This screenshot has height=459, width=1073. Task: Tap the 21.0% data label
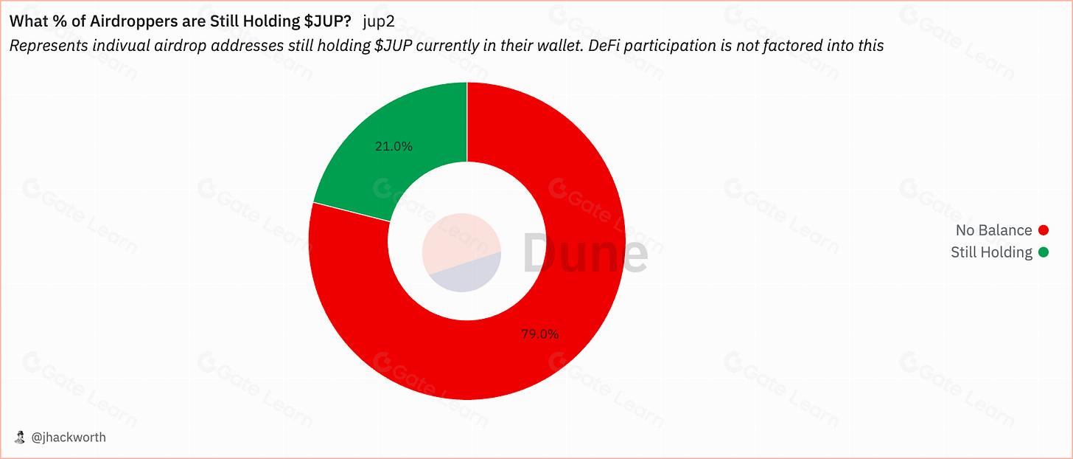(394, 146)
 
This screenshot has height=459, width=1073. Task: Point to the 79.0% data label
(539, 334)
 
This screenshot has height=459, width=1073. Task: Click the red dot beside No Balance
(1043, 230)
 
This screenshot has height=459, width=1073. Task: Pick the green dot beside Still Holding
(1043, 252)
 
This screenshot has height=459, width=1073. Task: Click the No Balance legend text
(993, 230)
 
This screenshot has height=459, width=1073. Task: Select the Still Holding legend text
(991, 252)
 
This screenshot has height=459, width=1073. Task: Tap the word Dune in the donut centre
(585, 252)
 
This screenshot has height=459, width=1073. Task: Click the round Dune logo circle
(462, 252)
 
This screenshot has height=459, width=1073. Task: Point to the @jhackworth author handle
(69, 437)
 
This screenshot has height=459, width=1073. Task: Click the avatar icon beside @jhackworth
(20, 437)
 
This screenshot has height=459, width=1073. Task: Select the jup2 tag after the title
(378, 21)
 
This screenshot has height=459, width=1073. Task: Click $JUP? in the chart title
(327, 21)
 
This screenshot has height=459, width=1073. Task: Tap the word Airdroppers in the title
(125, 21)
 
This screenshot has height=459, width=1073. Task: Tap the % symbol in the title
(53, 21)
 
